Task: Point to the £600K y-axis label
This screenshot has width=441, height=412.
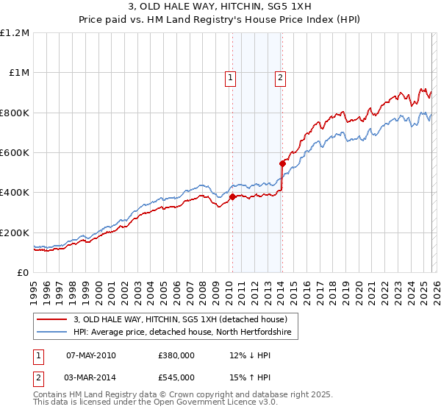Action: coord(15,153)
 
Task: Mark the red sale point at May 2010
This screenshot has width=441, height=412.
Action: coord(232,196)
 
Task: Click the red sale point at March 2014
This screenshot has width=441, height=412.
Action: coord(282,163)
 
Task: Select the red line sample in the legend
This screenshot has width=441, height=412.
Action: coord(52,319)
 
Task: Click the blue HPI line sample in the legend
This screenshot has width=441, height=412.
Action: coord(52,333)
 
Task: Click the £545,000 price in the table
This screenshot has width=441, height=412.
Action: coord(176,378)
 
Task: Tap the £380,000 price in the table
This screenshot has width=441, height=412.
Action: coord(176,355)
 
